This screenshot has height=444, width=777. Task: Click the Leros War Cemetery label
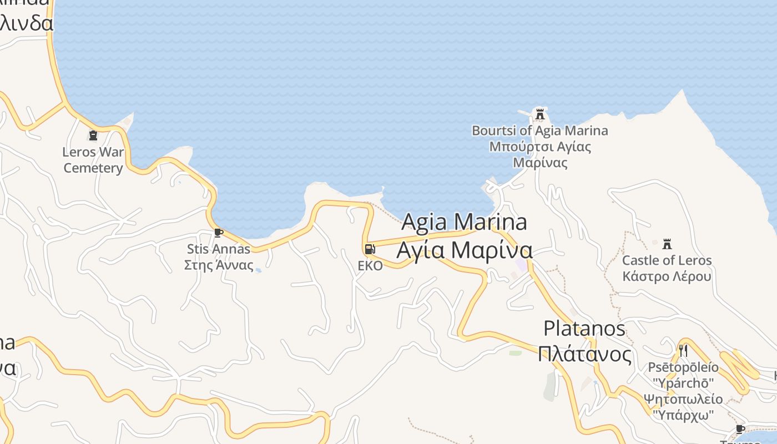93,160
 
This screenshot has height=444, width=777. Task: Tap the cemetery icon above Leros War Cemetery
93,135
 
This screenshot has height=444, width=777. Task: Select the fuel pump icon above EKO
370,249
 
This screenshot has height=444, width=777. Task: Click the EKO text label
370,266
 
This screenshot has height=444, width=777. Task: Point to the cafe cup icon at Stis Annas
218,233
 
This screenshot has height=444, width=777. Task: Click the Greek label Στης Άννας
219,265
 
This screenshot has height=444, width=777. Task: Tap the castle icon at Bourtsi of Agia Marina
539,114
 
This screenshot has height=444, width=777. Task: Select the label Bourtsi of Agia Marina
539,131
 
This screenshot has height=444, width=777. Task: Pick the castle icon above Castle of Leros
667,244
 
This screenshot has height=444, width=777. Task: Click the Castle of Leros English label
667,260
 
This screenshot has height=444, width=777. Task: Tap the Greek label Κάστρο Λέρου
667,276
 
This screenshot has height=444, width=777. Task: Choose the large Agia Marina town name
464,222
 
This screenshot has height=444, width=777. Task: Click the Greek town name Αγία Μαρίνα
464,250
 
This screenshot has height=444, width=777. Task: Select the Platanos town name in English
584,329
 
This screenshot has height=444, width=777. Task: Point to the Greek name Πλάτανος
584,354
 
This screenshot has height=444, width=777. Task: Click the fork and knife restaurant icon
683,350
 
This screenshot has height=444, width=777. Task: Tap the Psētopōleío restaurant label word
683,367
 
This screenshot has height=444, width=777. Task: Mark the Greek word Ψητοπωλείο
683,399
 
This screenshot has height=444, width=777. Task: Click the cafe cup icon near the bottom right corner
740,428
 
